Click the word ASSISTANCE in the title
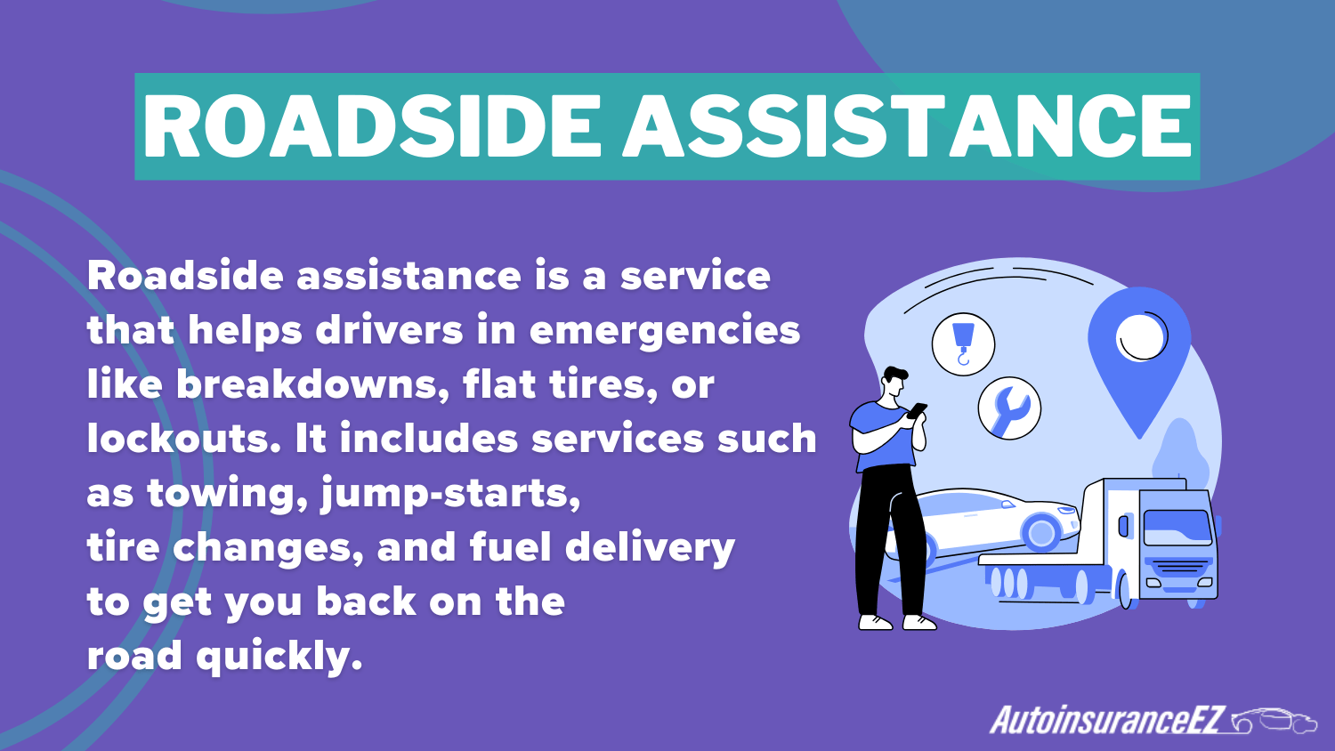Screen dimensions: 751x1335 click(x=906, y=126)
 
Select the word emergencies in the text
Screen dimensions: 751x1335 click(x=665, y=330)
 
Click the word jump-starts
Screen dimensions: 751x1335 click(x=450, y=494)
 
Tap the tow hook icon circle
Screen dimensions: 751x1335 click(x=963, y=343)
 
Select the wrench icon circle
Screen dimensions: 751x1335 click(x=1009, y=409)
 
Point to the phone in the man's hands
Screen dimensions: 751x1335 click(x=917, y=411)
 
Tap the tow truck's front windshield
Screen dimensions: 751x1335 click(x=1177, y=528)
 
